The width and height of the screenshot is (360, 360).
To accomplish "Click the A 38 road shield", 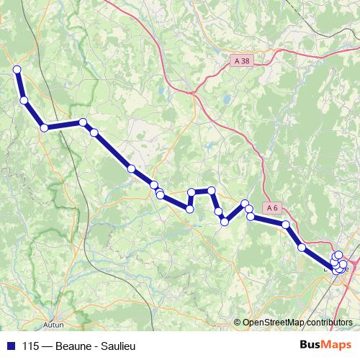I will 242,61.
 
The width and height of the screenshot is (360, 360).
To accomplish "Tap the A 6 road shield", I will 271,208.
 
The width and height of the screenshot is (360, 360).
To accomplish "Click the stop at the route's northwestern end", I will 17,69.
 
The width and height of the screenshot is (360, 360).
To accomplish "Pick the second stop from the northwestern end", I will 24,100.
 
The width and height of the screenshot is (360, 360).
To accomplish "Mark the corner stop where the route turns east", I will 45,127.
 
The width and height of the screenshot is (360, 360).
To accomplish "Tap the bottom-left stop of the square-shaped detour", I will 190,209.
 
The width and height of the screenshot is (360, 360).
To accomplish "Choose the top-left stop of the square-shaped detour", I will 192,192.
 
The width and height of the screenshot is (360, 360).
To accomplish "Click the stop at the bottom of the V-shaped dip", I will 225,222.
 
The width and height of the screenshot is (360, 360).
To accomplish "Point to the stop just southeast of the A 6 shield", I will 287,225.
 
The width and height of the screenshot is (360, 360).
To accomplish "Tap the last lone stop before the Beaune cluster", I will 302,248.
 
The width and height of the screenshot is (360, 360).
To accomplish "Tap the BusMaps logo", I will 326,346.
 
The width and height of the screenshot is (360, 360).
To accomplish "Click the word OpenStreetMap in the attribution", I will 273,323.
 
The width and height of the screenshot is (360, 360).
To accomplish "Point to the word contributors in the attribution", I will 328,323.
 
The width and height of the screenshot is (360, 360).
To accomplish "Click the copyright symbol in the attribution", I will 238,323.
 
